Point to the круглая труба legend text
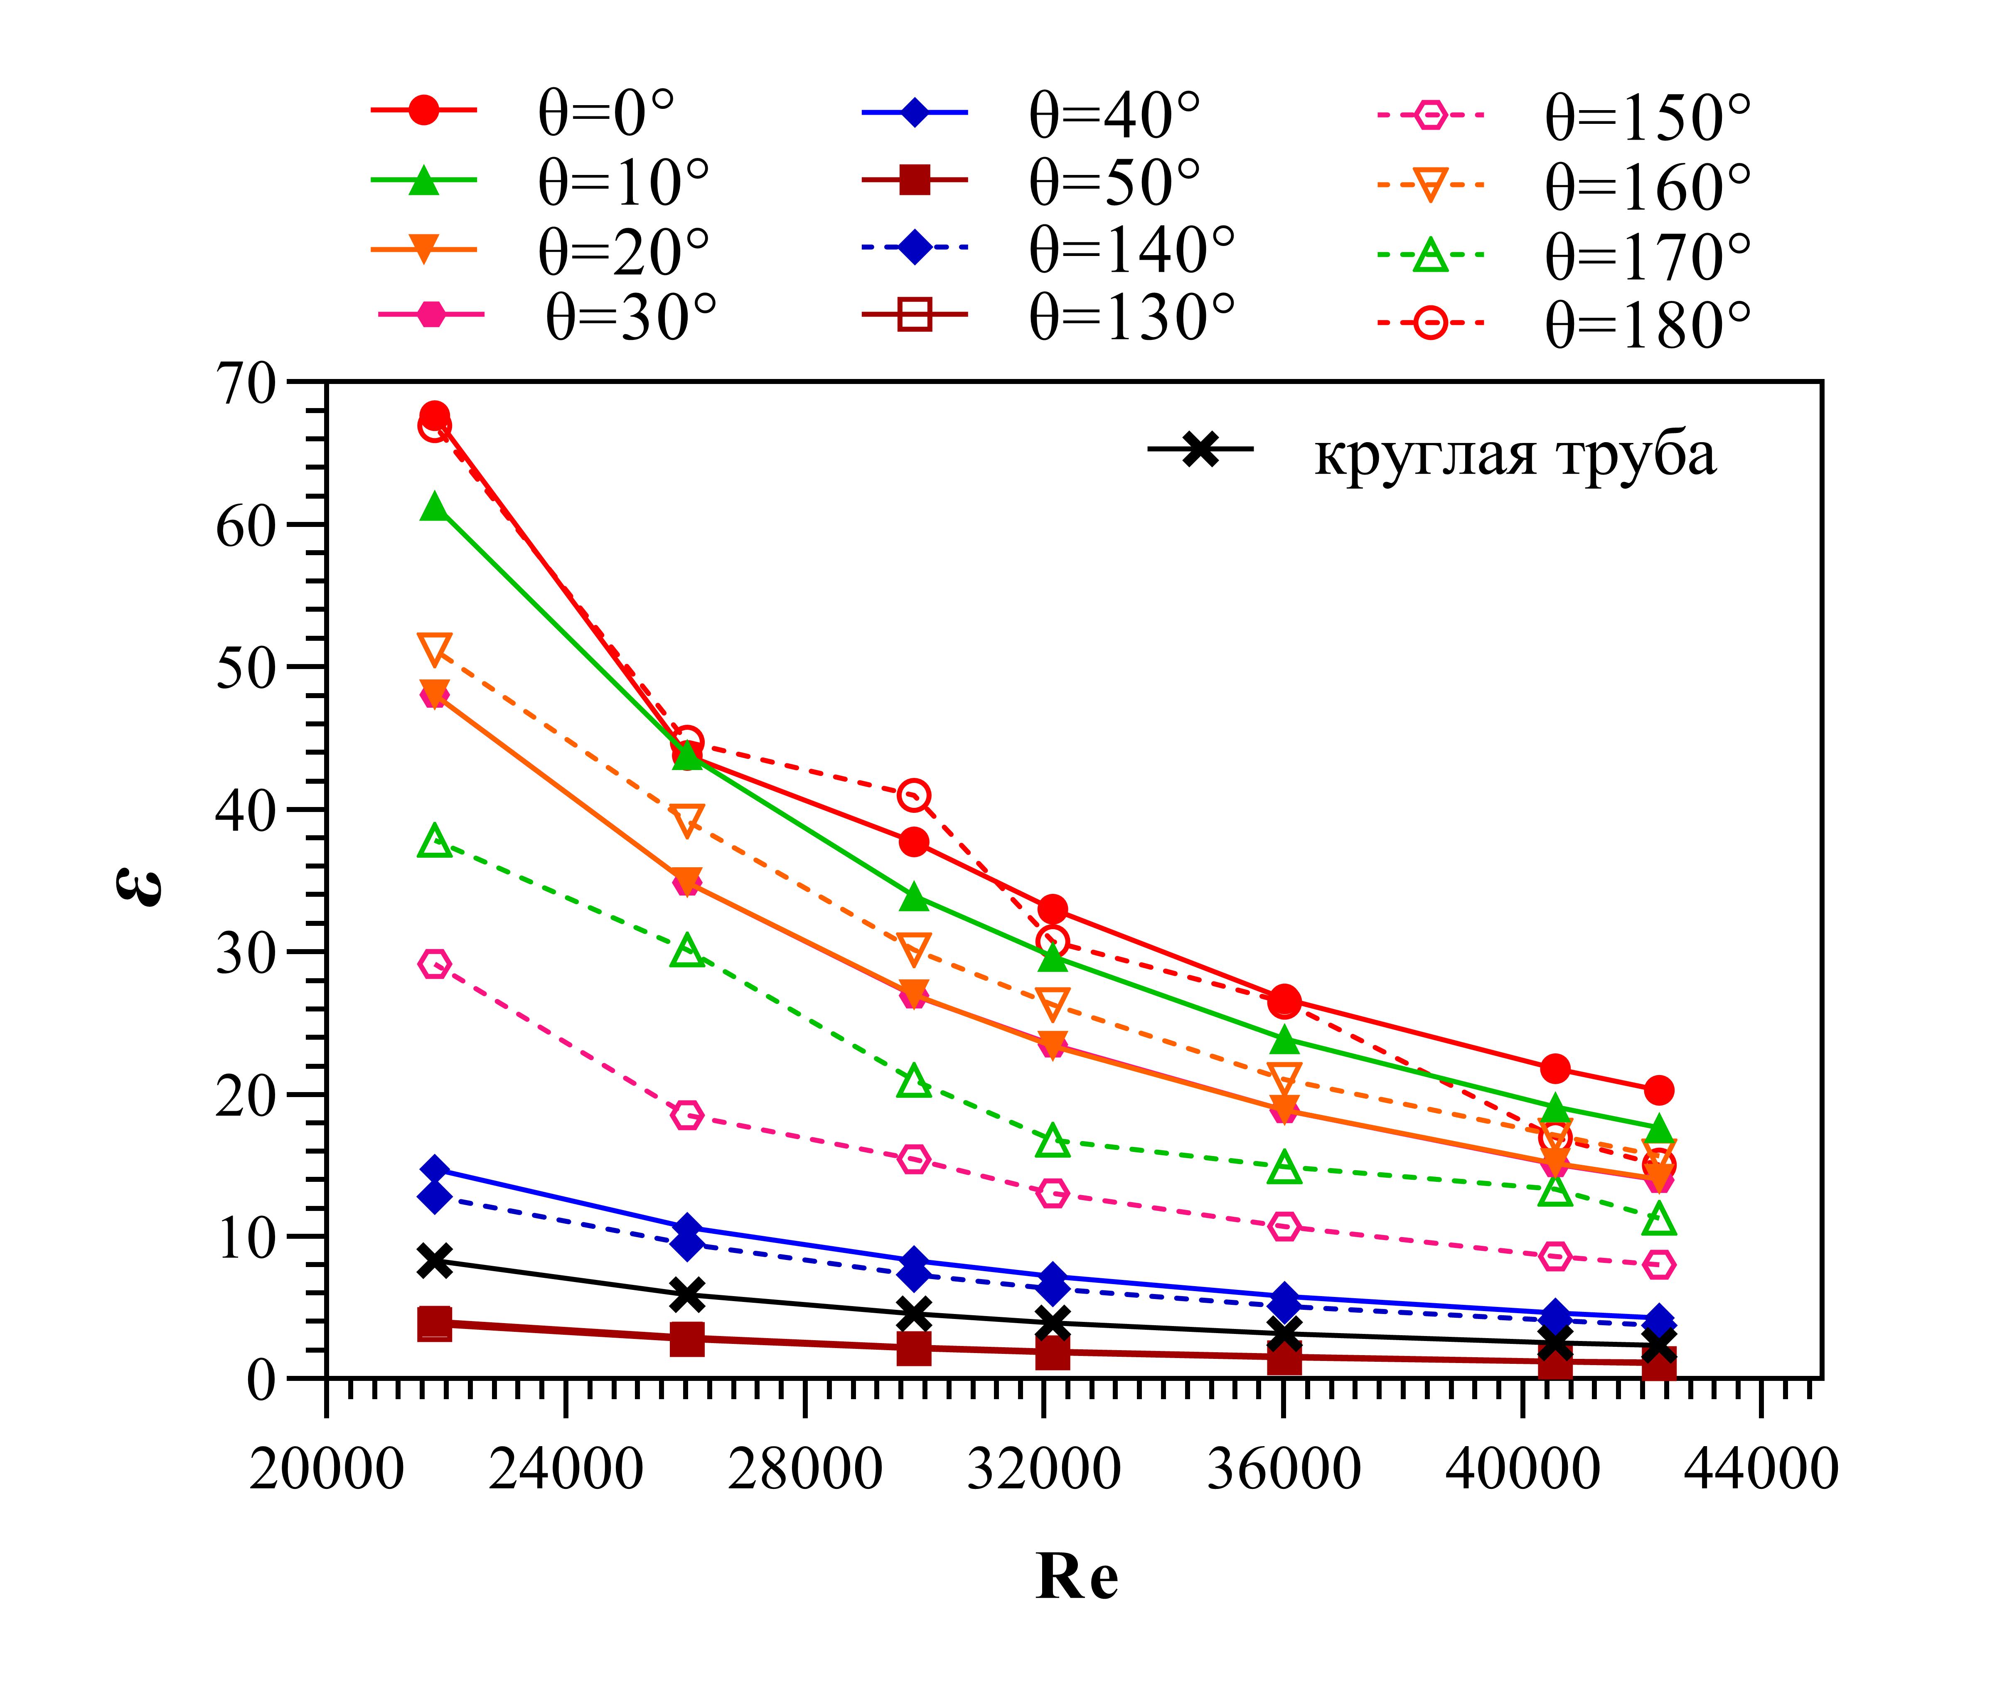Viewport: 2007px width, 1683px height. click(1516, 455)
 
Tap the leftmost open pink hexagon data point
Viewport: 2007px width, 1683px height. click(435, 965)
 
